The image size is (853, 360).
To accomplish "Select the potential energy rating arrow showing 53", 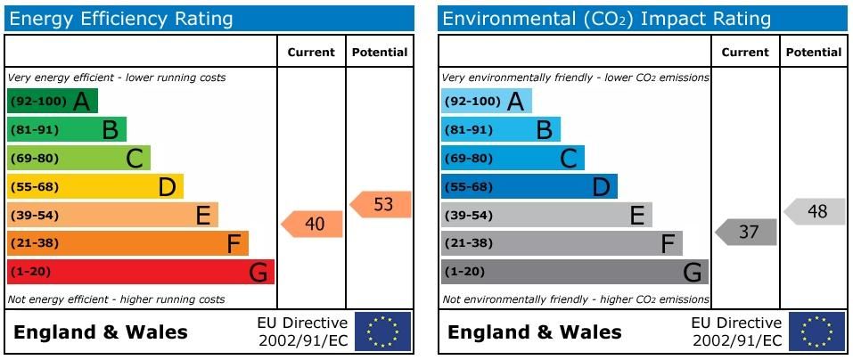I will coord(381,204).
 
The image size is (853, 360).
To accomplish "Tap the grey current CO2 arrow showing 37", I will coord(747,232).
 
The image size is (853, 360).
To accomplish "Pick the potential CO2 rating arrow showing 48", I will coord(816,211).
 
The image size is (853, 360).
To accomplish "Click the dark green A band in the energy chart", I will coord(52,102).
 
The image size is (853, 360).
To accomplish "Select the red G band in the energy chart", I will coord(140,272).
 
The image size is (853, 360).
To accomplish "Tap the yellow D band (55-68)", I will coord(94,186).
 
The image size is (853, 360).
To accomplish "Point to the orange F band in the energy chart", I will coord(127,243).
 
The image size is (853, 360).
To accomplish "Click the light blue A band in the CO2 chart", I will coord(486,102).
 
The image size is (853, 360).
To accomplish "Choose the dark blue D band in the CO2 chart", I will coord(529,186).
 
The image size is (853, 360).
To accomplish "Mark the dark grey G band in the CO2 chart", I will coord(574,272).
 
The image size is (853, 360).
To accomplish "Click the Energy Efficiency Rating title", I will coord(120,19).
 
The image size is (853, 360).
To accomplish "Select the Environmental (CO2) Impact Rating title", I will coord(606,19).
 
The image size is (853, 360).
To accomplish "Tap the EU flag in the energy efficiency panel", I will coord(382,331).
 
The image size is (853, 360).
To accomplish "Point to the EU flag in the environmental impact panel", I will coord(816,331).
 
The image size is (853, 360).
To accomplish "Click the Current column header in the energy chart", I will coord(311,53).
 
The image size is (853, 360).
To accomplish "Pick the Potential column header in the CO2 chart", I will coord(813,53).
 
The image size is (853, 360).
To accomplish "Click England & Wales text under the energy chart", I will coord(101,332).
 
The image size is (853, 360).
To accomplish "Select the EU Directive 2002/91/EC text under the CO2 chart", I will coord(736,331).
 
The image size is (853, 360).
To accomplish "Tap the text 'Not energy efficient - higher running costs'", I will coord(116,299).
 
